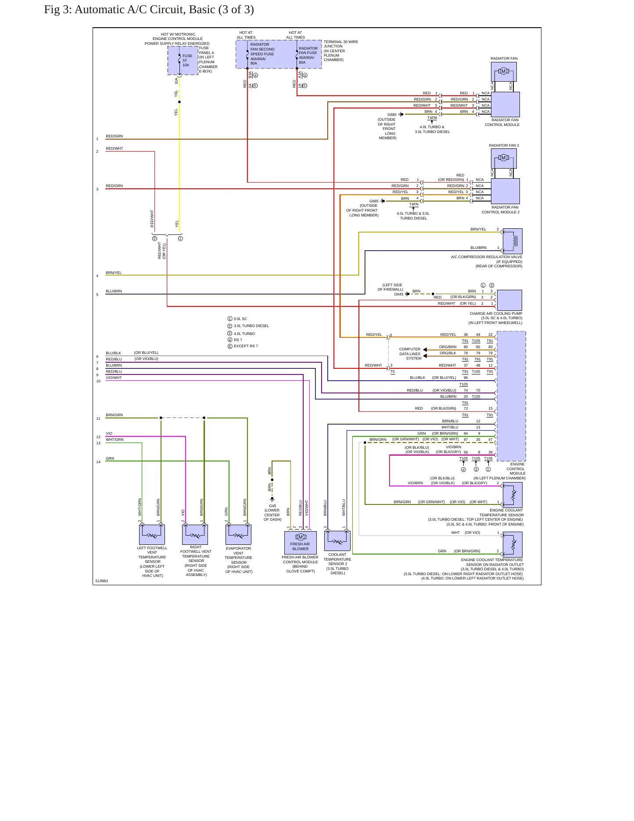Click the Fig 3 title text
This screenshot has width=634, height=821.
tap(149, 10)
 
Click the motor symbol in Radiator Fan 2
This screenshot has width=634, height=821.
tap(504, 158)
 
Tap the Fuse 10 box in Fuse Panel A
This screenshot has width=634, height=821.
tap(183, 61)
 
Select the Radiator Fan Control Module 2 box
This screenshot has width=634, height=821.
tap(505, 191)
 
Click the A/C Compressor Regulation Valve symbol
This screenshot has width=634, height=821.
tap(512, 241)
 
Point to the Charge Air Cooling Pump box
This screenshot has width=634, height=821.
tap(509, 300)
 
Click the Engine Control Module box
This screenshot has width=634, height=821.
tap(511, 396)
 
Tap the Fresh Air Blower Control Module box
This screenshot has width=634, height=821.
tap(301, 543)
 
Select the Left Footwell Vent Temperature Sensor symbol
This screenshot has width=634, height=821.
tap(152, 535)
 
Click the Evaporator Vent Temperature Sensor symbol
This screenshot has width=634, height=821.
tap(238, 535)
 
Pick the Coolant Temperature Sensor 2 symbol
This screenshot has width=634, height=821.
tap(337, 540)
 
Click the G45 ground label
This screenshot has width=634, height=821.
tap(272, 506)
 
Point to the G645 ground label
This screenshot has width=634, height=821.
tap(398, 294)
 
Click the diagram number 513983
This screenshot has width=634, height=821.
tap(102, 581)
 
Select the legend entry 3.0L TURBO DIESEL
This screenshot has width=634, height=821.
tap(251, 326)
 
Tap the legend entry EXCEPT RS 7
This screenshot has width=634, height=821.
tap(246, 346)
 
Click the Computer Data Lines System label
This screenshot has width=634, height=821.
tap(410, 354)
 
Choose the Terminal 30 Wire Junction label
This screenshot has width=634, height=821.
tap(341, 51)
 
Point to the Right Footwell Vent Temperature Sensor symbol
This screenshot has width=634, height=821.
tap(195, 535)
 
